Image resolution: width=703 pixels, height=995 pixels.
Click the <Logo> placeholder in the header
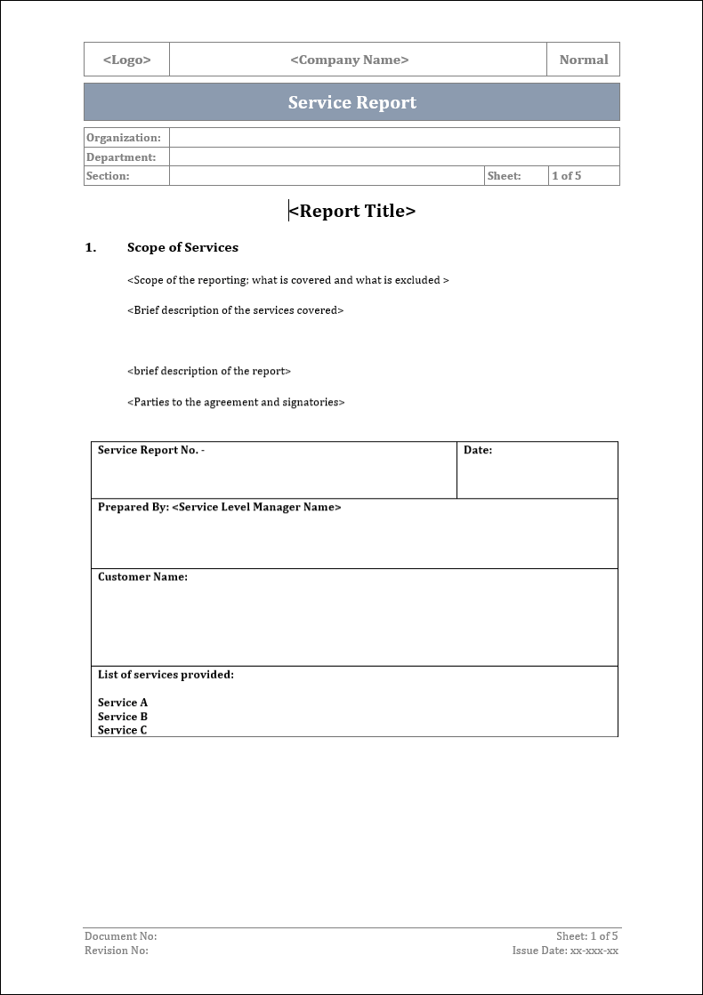[127, 60]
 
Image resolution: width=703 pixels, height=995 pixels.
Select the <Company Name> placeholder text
[350, 60]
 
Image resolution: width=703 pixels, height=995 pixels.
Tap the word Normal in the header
[584, 60]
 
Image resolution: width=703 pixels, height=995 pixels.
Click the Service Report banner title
[352, 102]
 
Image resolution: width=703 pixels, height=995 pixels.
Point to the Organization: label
[124, 138]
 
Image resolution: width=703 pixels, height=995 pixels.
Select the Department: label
[121, 157]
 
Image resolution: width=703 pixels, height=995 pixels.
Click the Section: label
[108, 176]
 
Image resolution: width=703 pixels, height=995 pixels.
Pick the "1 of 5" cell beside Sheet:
[567, 176]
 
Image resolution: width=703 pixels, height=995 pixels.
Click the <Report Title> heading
[352, 211]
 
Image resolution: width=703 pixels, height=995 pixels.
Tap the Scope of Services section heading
[182, 247]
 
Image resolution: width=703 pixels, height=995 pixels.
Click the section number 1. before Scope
[91, 247]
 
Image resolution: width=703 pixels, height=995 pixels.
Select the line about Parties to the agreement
[236, 402]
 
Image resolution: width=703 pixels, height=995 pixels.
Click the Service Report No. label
[150, 450]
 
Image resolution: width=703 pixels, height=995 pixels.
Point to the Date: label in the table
[478, 450]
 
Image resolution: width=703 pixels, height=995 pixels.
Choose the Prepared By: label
[133, 507]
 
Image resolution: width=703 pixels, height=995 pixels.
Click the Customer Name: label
[142, 577]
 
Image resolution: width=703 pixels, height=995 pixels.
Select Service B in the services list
[123, 717]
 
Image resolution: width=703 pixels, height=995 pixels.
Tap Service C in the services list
[123, 730]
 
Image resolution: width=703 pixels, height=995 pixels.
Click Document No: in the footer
[120, 936]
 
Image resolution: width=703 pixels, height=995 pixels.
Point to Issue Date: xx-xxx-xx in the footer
[565, 951]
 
